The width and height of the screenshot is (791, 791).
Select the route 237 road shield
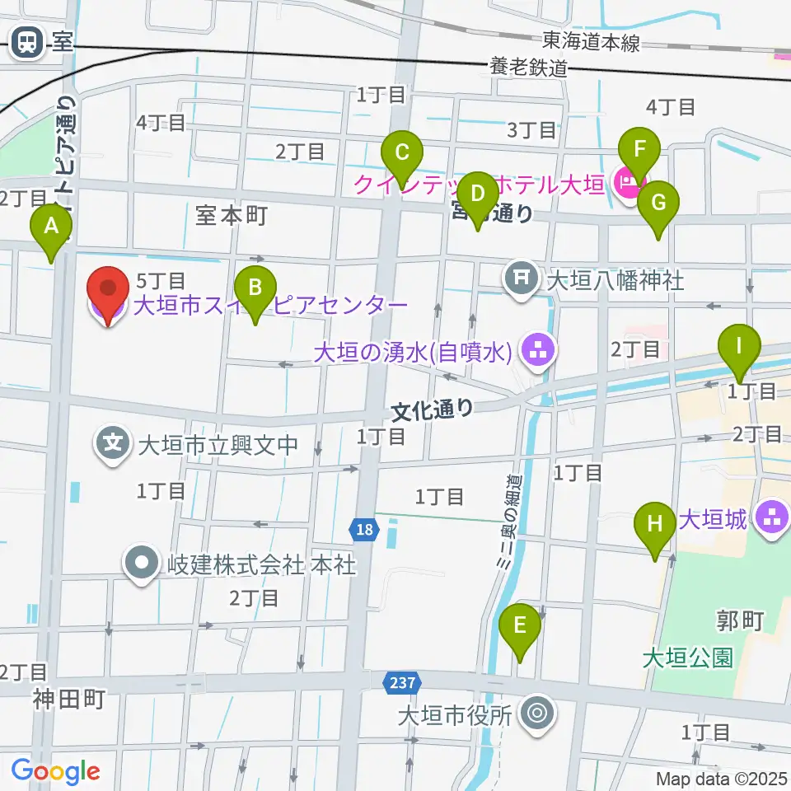point(403,681)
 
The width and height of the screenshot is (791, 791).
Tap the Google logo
point(55,771)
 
